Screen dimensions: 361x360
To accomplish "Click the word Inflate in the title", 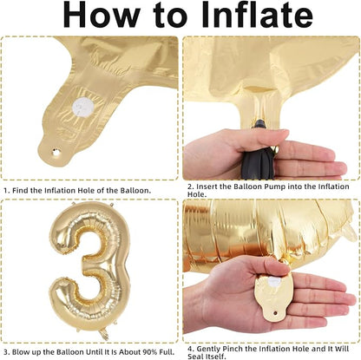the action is click(257, 14).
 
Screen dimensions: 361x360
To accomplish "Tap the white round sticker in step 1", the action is click(83, 106).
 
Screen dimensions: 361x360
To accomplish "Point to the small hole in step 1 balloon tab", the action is click(55, 151).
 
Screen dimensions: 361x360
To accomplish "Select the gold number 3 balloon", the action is click(89, 266).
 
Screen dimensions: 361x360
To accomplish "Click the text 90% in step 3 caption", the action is click(151, 352).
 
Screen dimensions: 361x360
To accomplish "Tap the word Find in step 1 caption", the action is click(21, 191).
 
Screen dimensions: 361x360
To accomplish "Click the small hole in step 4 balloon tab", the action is click(276, 313).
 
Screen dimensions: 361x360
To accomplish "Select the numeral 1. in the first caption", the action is click(7, 191).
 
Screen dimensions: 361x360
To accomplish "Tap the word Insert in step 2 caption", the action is click(207, 187).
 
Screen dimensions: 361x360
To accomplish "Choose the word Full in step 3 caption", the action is click(167, 352).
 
